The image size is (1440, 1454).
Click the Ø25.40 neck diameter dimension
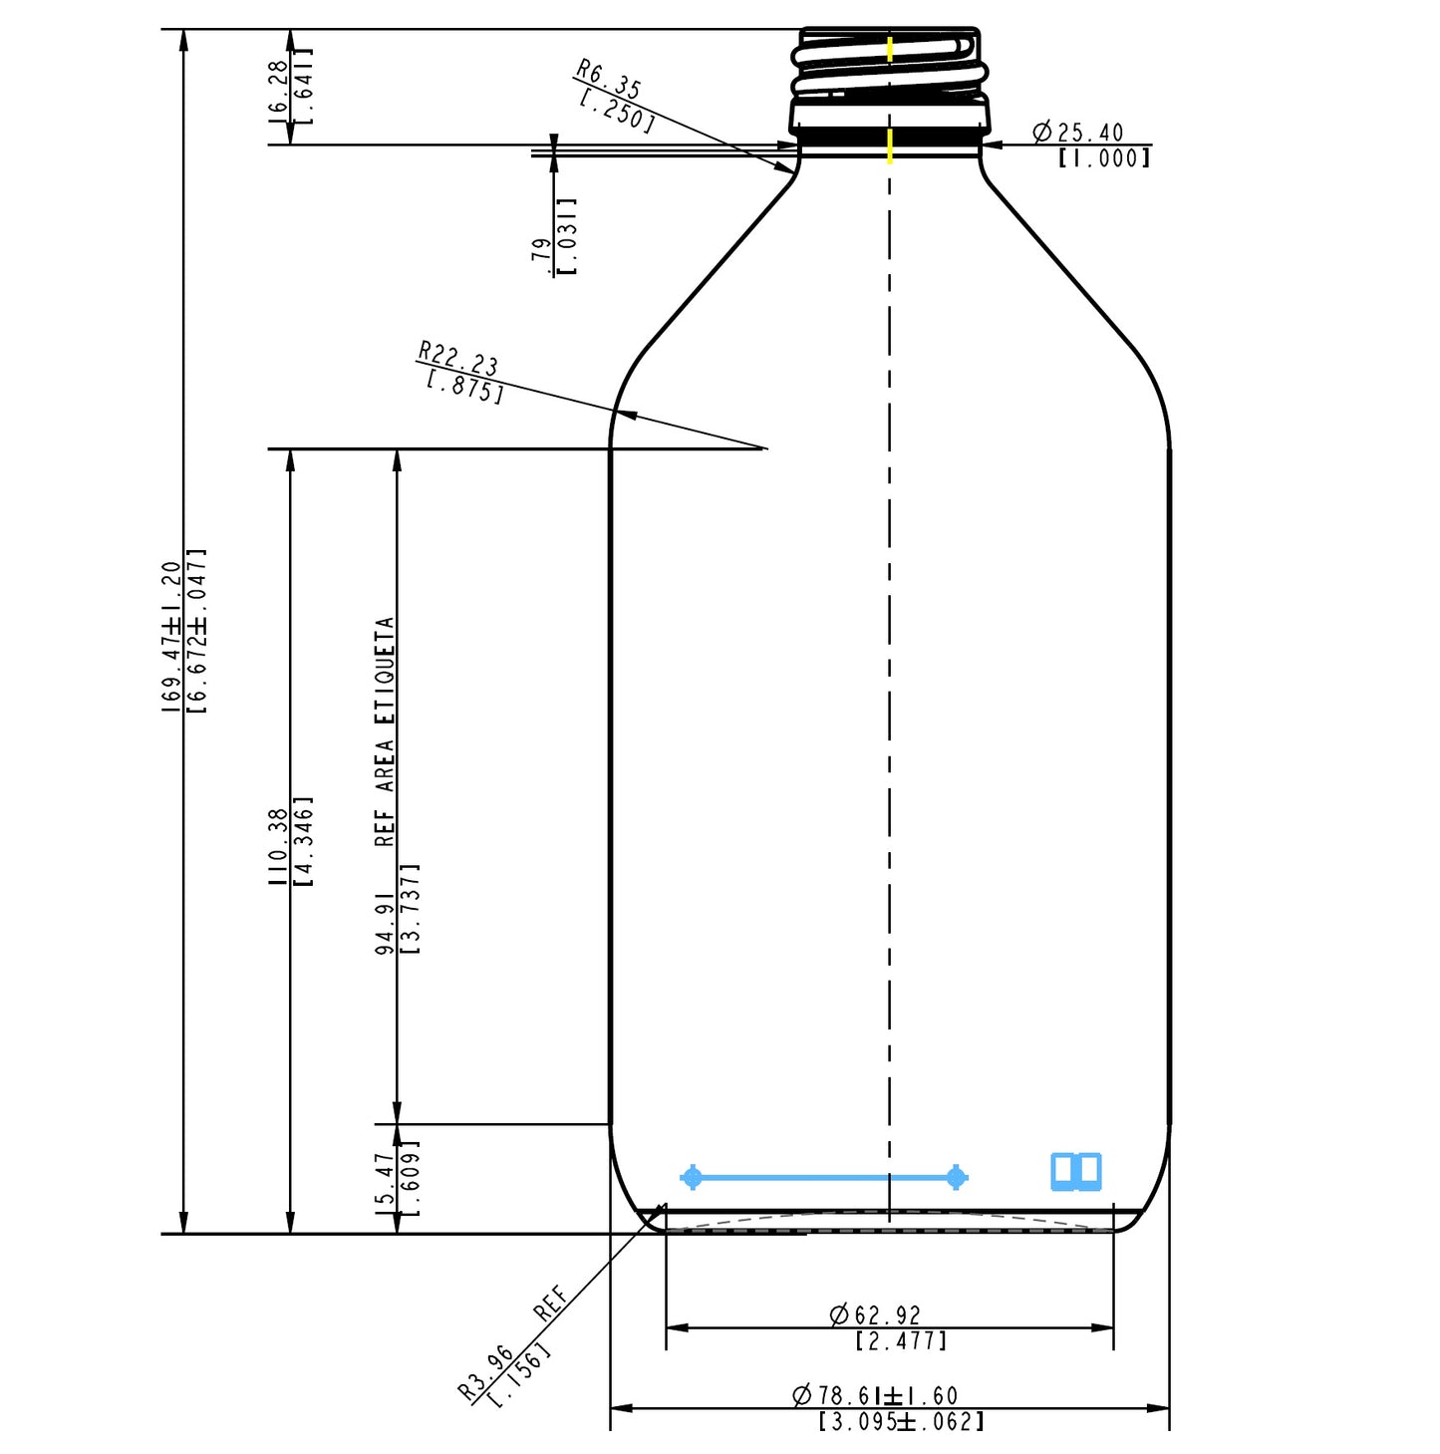1078,132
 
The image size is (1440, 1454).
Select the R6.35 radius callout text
609,80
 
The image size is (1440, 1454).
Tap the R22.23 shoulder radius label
458,357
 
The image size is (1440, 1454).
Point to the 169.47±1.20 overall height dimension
171,638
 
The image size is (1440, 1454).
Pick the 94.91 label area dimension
385,926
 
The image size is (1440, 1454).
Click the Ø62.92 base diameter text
876,1315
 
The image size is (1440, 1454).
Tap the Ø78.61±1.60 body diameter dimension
876,1395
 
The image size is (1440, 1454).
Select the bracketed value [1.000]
1104,157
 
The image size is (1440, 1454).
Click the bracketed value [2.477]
901,1341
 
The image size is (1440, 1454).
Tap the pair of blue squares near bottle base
1076,1172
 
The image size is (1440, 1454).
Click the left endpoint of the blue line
693,1178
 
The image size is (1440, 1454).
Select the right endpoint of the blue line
956,1178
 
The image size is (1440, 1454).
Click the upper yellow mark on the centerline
890,50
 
